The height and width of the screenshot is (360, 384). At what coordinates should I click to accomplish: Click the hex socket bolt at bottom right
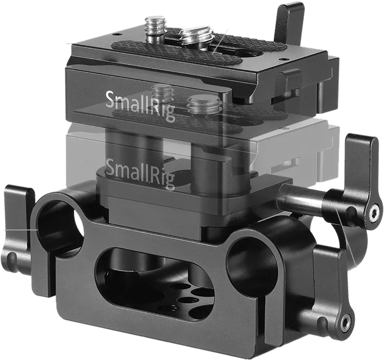click(347, 319)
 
